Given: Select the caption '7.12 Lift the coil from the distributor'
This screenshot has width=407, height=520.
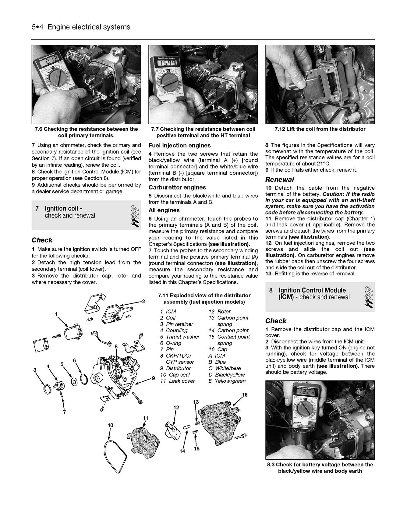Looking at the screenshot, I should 320,129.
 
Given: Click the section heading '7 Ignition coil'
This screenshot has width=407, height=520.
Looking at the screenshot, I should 63,209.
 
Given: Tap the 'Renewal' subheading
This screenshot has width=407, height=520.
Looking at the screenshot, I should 279,179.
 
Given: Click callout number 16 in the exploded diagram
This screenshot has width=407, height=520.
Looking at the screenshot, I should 244,395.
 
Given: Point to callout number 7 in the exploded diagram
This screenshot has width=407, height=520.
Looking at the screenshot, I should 64,412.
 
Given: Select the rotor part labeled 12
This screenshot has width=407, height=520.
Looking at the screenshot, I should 169,427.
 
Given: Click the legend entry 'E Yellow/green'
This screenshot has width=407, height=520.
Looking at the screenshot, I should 227,381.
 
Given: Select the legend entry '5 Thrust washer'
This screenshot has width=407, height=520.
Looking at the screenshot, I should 180,337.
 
